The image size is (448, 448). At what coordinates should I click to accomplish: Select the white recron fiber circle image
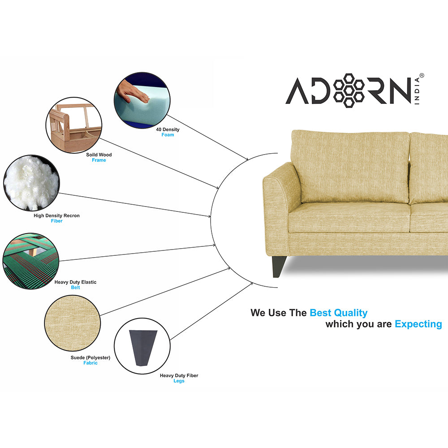[31, 183]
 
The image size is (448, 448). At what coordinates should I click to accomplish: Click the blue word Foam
[168, 135]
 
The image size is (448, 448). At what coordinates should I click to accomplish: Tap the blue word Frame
[99, 160]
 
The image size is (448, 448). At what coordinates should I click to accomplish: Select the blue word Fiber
[56, 221]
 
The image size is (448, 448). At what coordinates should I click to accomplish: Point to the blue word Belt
[75, 288]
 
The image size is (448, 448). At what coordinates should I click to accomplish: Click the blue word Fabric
[90, 363]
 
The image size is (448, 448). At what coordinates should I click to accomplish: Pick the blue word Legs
[179, 381]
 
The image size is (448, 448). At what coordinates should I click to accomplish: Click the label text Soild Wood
[99, 155]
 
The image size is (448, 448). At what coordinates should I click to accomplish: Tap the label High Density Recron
[56, 215]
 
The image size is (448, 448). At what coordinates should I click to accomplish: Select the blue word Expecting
[418, 324]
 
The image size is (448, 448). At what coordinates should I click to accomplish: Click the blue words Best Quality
[338, 313]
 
